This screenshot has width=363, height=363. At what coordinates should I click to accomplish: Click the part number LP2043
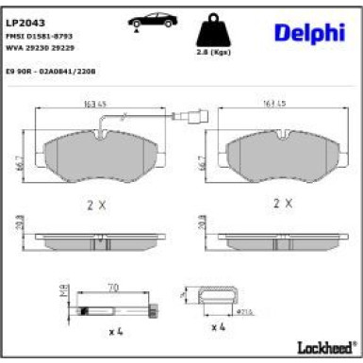25,22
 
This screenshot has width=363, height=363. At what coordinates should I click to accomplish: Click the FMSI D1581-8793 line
40,37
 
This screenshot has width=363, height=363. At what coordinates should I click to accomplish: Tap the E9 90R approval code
51,70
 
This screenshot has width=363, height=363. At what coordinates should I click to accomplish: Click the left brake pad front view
97,155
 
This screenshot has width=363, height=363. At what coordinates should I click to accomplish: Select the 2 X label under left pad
97,203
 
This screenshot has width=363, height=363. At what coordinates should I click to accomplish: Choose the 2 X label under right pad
284,203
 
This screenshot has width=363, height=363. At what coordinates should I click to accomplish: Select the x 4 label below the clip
219,326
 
